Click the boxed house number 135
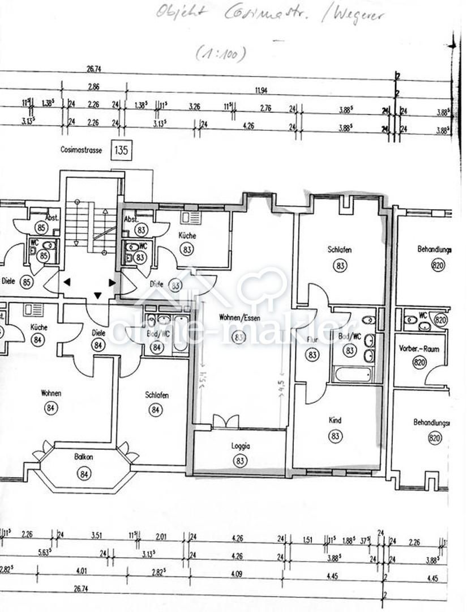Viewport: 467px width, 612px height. coord(121,151)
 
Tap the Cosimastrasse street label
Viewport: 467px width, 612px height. coord(82,151)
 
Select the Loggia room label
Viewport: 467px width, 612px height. coord(241,446)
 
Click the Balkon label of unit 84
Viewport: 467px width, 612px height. coord(84,456)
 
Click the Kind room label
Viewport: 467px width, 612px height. coord(335,420)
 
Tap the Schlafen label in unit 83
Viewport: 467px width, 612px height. coord(340,249)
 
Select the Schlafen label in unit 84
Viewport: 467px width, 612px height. coord(157,396)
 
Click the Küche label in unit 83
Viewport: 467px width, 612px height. coord(187,235)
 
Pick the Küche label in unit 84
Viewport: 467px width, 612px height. coord(39,327)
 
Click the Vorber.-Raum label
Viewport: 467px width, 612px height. coord(419,349)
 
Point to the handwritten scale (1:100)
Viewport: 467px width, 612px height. coord(221,54)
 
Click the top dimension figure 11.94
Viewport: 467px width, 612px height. coord(261,90)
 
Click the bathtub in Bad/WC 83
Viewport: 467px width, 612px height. coord(353,375)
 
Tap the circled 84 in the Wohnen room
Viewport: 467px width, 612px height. coord(51,407)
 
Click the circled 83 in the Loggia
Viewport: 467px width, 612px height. coord(241,461)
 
